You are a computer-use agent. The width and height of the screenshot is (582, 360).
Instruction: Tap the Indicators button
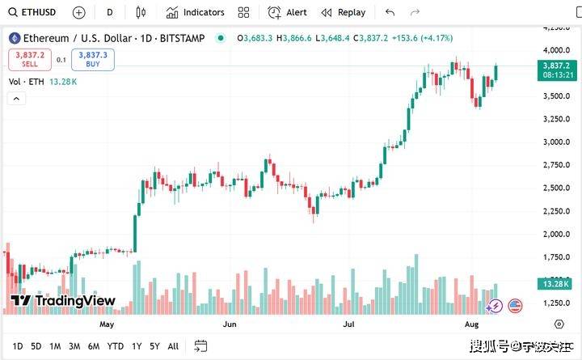(x=195, y=12)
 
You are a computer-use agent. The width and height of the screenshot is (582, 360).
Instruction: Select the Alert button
(x=288, y=12)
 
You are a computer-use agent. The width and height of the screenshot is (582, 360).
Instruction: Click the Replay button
(x=344, y=12)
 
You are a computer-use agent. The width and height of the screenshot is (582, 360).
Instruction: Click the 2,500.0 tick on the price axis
(x=557, y=188)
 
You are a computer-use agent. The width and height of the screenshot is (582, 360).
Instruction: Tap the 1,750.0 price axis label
(x=557, y=257)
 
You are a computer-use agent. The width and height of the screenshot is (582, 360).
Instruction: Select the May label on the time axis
(x=107, y=324)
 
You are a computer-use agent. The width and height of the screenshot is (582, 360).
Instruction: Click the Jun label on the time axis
(x=230, y=324)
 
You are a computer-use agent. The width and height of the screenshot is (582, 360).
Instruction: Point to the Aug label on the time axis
(x=474, y=324)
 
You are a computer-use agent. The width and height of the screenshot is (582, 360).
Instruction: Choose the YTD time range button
(x=116, y=346)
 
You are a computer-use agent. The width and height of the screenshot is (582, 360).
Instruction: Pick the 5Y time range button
(x=154, y=346)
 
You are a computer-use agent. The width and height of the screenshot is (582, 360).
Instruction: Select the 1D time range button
(x=17, y=346)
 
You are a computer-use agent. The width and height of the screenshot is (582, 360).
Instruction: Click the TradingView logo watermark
(x=63, y=301)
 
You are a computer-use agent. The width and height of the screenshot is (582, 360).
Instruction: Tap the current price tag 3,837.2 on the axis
(x=557, y=65)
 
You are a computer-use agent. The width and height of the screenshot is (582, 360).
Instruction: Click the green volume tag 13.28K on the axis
(x=557, y=283)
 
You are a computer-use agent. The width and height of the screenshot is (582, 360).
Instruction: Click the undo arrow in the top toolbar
(x=390, y=12)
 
